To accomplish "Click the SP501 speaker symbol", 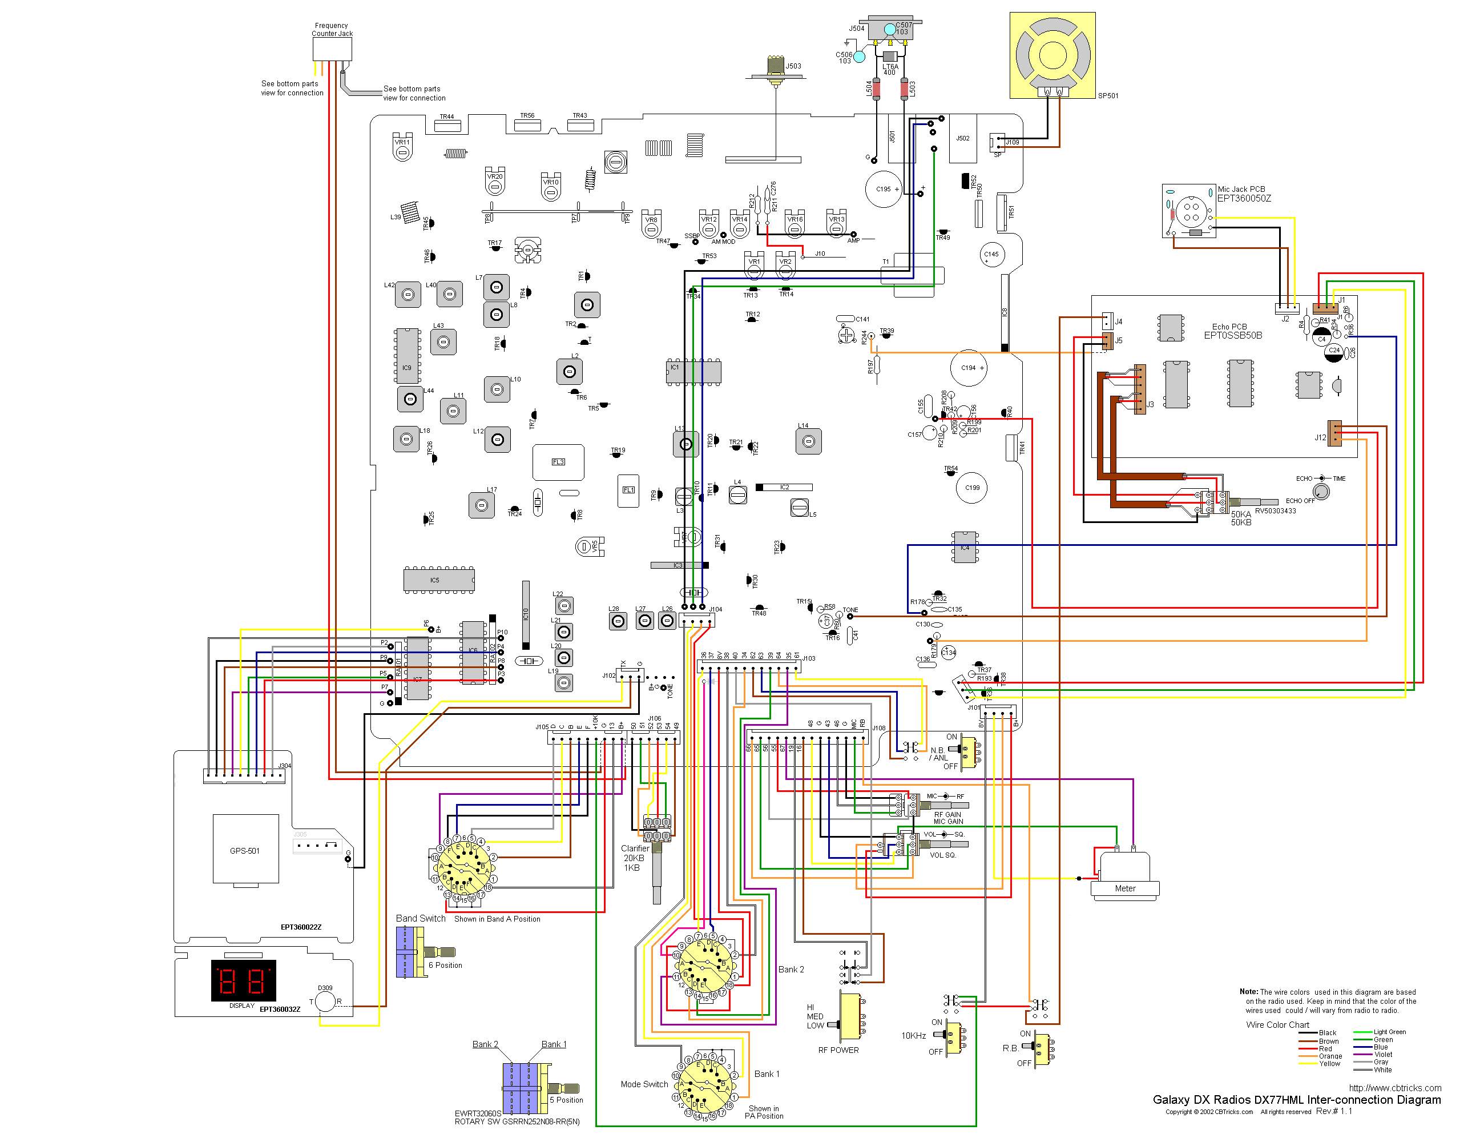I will (x=1052, y=55).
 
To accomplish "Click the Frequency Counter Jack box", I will (x=332, y=49).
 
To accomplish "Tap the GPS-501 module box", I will (x=245, y=850).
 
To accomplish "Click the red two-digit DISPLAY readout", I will (x=243, y=980).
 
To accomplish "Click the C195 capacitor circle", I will (x=884, y=189).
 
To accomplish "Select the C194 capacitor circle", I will (x=968, y=368).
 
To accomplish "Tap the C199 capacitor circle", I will (x=973, y=488).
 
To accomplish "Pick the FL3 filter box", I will (x=559, y=463).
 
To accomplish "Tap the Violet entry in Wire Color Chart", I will (x=1382, y=1054).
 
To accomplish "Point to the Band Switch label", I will (x=421, y=918).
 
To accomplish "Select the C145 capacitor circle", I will (x=991, y=255).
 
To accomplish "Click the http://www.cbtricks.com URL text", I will (x=1394, y=1088).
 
